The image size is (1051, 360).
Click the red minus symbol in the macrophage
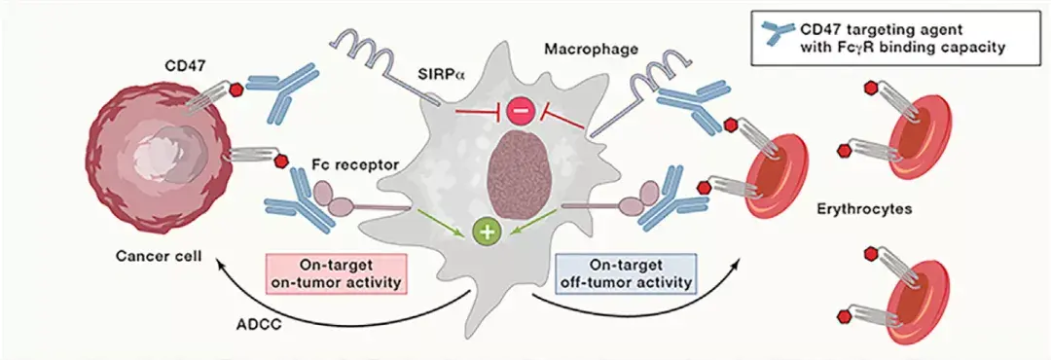point(520,114)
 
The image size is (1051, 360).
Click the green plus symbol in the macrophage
point(485,232)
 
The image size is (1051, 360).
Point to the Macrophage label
point(592,47)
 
